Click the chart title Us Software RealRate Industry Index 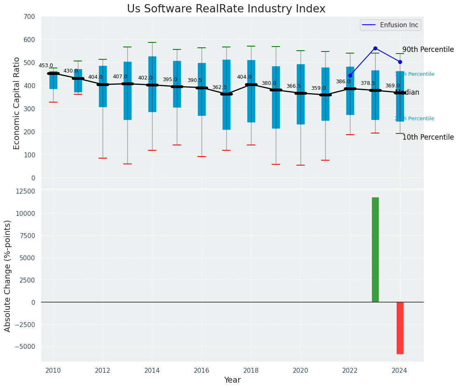click(226, 9)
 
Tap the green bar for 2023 click(375, 250)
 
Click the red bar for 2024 click(400, 328)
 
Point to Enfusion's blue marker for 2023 click(375, 48)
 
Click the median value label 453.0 click(46, 65)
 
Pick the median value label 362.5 click(219, 87)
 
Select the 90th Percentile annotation click(428, 49)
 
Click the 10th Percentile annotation click(428, 137)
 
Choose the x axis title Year click(232, 380)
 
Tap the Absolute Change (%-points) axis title click(8, 276)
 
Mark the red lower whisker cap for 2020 click(301, 165)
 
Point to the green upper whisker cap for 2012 click(103, 59)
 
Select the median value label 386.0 click(343, 82)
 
